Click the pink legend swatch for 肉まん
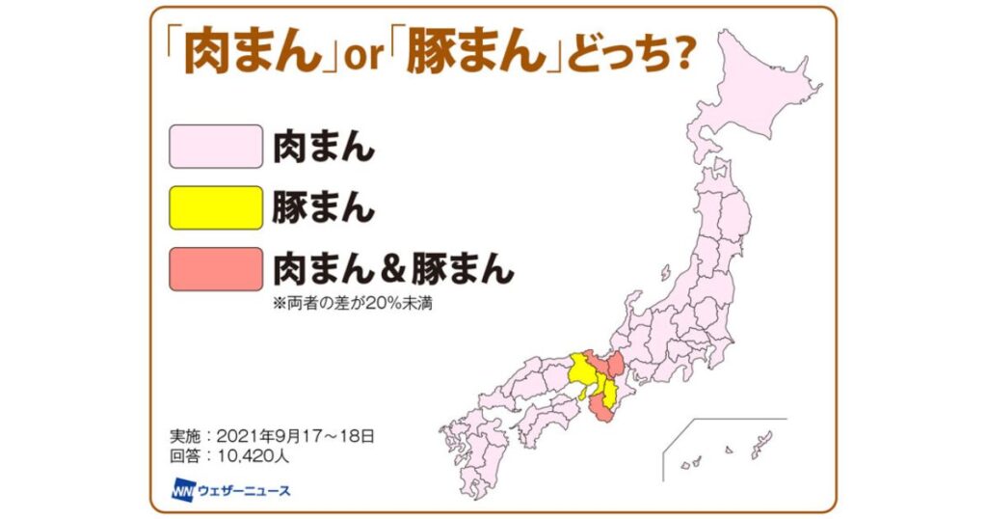click(x=216, y=147)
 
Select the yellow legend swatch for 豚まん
click(x=216, y=207)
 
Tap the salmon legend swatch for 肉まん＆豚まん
click(x=216, y=268)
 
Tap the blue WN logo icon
click(x=183, y=489)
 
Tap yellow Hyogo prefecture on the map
click(x=580, y=371)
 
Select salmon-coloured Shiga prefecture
click(x=613, y=366)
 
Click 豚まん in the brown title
click(x=453, y=54)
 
